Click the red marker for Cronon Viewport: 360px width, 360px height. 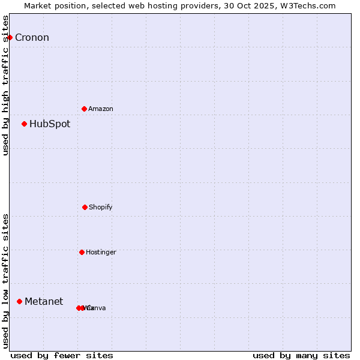(10, 37)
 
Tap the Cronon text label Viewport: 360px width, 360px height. (32, 38)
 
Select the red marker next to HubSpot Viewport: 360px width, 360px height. (24, 124)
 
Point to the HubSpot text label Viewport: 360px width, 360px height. (50, 124)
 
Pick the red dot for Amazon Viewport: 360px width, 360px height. (84, 109)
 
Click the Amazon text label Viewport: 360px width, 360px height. (101, 109)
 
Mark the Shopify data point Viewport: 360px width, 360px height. (85, 207)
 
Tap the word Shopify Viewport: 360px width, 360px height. (101, 208)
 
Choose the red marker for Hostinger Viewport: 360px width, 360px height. (82, 252)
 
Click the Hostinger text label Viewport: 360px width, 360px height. (101, 253)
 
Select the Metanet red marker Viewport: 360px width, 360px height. (19, 301)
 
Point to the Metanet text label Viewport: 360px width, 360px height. (44, 302)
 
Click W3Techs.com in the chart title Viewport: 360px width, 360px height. (310, 5)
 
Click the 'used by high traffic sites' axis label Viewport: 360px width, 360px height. (5, 85)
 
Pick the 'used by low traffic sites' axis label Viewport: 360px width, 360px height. (5, 281)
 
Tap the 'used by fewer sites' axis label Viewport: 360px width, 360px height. (62, 355)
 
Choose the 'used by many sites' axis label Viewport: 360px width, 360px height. (301, 355)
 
